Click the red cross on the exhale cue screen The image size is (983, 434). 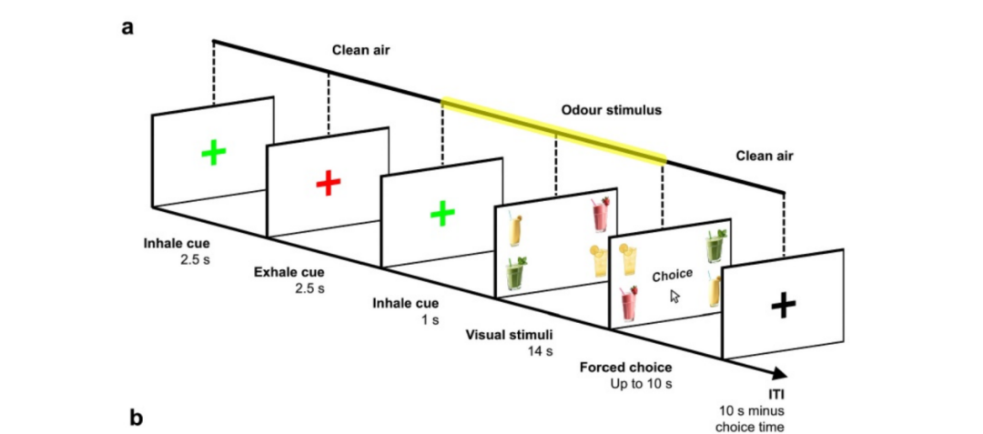coord(328,184)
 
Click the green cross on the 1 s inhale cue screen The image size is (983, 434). coord(441,214)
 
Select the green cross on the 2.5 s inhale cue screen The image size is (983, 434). coord(213,152)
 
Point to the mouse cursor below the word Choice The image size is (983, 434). coord(674,296)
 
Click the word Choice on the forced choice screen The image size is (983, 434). coord(673,274)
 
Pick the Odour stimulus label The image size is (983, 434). coord(610,110)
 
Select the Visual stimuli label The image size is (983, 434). coord(503,334)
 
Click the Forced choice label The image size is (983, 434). coord(625,367)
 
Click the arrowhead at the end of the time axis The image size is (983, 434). coord(779,373)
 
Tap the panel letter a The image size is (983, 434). coord(128,25)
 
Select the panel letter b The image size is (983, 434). coord(136,419)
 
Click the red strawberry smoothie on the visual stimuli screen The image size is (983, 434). coord(599,217)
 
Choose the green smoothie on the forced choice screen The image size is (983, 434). coord(714,247)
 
